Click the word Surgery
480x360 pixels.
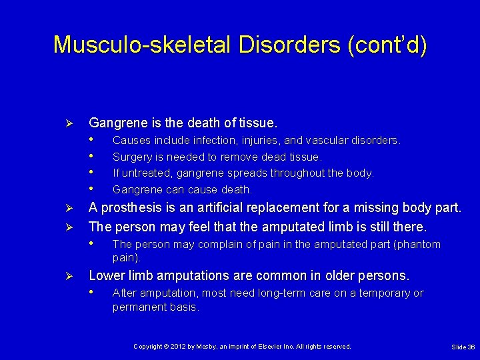tap(131, 157)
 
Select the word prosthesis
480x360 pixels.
tap(129, 207)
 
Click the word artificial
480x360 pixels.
tap(215, 207)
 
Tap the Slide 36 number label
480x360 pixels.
tap(463, 347)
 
